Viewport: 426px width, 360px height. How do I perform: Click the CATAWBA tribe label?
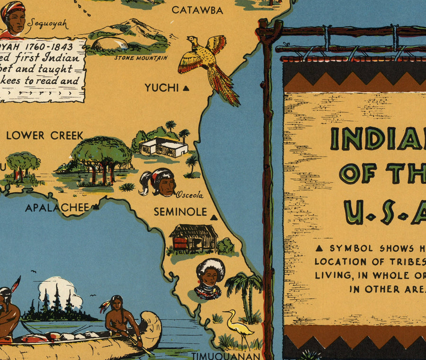(197, 10)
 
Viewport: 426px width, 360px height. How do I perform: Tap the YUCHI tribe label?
(162, 88)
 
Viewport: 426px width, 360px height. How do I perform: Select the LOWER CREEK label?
(44, 135)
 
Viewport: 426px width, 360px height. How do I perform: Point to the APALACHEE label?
(57, 208)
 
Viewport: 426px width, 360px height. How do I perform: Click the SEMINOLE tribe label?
(180, 212)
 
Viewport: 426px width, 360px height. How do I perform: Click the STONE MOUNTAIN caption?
(141, 58)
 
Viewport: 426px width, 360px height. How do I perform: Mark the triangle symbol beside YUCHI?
(186, 88)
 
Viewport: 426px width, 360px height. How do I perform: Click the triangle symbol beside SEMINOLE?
(213, 218)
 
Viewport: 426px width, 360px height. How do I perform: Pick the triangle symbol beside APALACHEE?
(96, 207)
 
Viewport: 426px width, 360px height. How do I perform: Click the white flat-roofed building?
(164, 147)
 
